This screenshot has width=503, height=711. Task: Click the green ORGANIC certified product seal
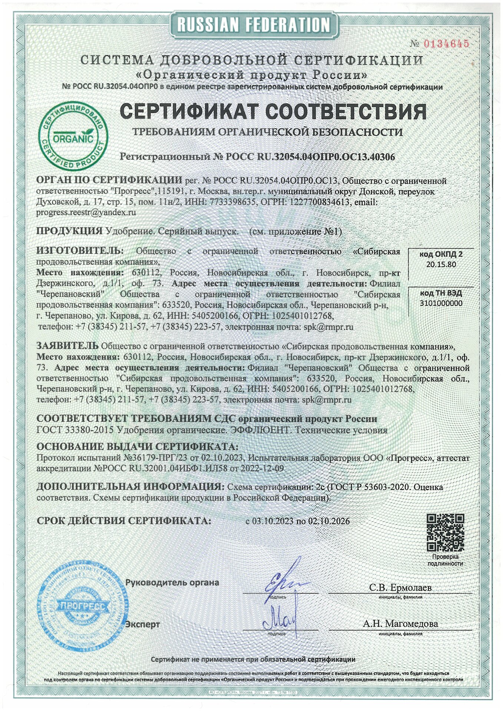pyautogui.click(x=73, y=134)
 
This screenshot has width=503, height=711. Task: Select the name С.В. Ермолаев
pyautogui.click(x=400, y=588)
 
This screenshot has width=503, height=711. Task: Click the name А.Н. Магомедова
pyautogui.click(x=400, y=623)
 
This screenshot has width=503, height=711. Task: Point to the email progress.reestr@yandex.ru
pyautogui.click(x=86, y=213)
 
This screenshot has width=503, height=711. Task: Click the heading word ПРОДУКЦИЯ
pyautogui.click(x=69, y=231)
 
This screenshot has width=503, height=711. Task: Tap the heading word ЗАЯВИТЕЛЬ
pyautogui.click(x=67, y=346)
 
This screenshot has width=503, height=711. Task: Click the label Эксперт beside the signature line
pyautogui.click(x=143, y=624)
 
